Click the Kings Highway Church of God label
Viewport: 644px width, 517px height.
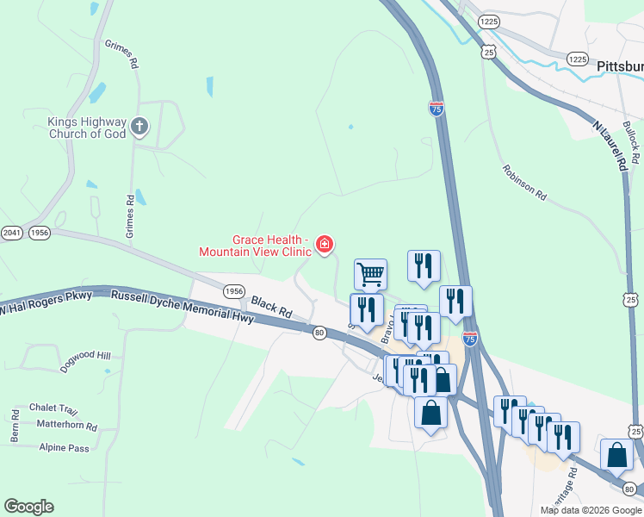86,128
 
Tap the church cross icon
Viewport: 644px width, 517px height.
139,128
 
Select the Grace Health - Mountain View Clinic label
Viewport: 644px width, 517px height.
255,246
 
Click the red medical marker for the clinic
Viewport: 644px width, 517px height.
325,246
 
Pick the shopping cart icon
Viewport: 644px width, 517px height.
370,274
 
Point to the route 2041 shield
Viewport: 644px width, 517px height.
11,233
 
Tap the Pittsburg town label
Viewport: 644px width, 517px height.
619,65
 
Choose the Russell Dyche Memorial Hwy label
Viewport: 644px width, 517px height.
183,308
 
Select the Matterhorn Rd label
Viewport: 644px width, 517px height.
67,425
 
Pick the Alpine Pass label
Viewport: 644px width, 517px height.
65,448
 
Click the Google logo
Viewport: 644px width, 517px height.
28,507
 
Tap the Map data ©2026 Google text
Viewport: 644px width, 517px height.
590,510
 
